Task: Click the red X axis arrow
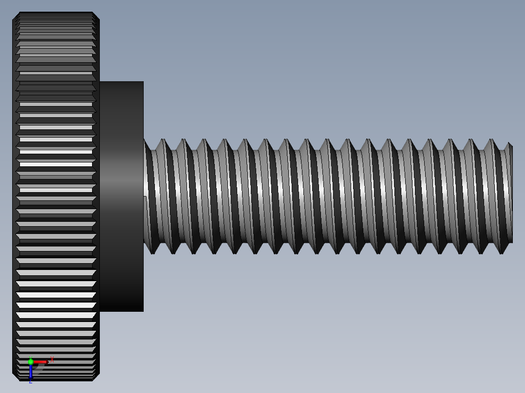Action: (40, 362)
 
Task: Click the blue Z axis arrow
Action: (31, 372)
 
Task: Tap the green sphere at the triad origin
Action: (31, 361)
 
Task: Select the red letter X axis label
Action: (52, 360)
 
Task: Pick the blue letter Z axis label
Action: (30, 382)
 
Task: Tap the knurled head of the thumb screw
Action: (56, 146)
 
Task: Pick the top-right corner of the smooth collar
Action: (143, 82)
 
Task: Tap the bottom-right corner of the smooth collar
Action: (143, 310)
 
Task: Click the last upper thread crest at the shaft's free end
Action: (495, 140)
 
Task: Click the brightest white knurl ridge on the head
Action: (56, 305)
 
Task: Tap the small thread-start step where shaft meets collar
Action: (145, 197)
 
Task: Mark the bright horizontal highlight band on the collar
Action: (121, 182)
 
